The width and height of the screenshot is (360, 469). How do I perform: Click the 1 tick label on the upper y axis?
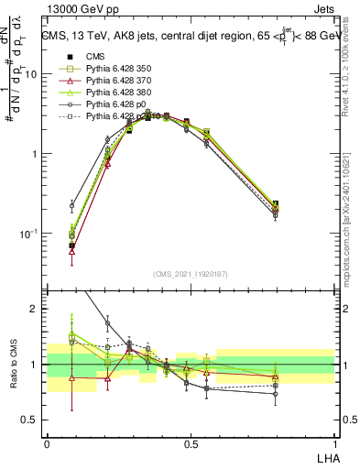(x=34, y=154)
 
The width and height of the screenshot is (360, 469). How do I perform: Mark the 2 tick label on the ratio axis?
(x=34, y=310)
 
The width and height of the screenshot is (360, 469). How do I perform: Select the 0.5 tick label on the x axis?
(x=190, y=444)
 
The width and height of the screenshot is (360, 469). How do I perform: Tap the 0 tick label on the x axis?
(x=47, y=444)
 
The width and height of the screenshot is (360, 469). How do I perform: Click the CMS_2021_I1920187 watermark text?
(x=191, y=274)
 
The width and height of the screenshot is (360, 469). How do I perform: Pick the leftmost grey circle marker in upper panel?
(x=72, y=205)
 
